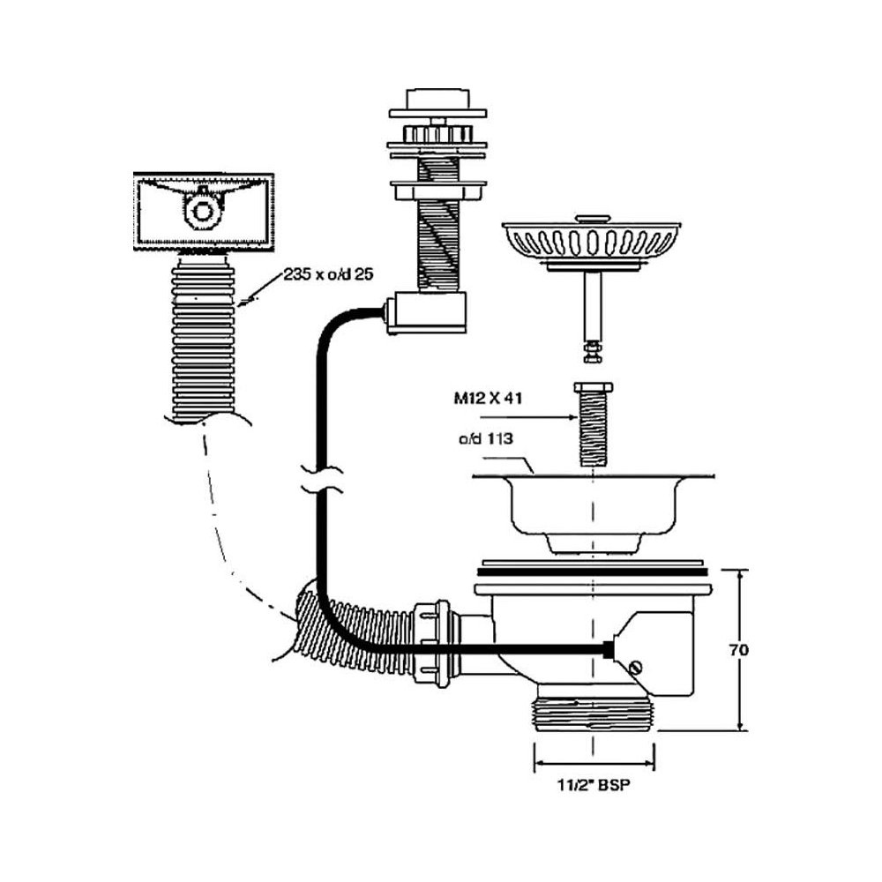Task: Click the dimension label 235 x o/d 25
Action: click(329, 274)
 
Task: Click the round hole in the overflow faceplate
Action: click(203, 211)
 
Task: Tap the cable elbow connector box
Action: click(425, 314)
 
